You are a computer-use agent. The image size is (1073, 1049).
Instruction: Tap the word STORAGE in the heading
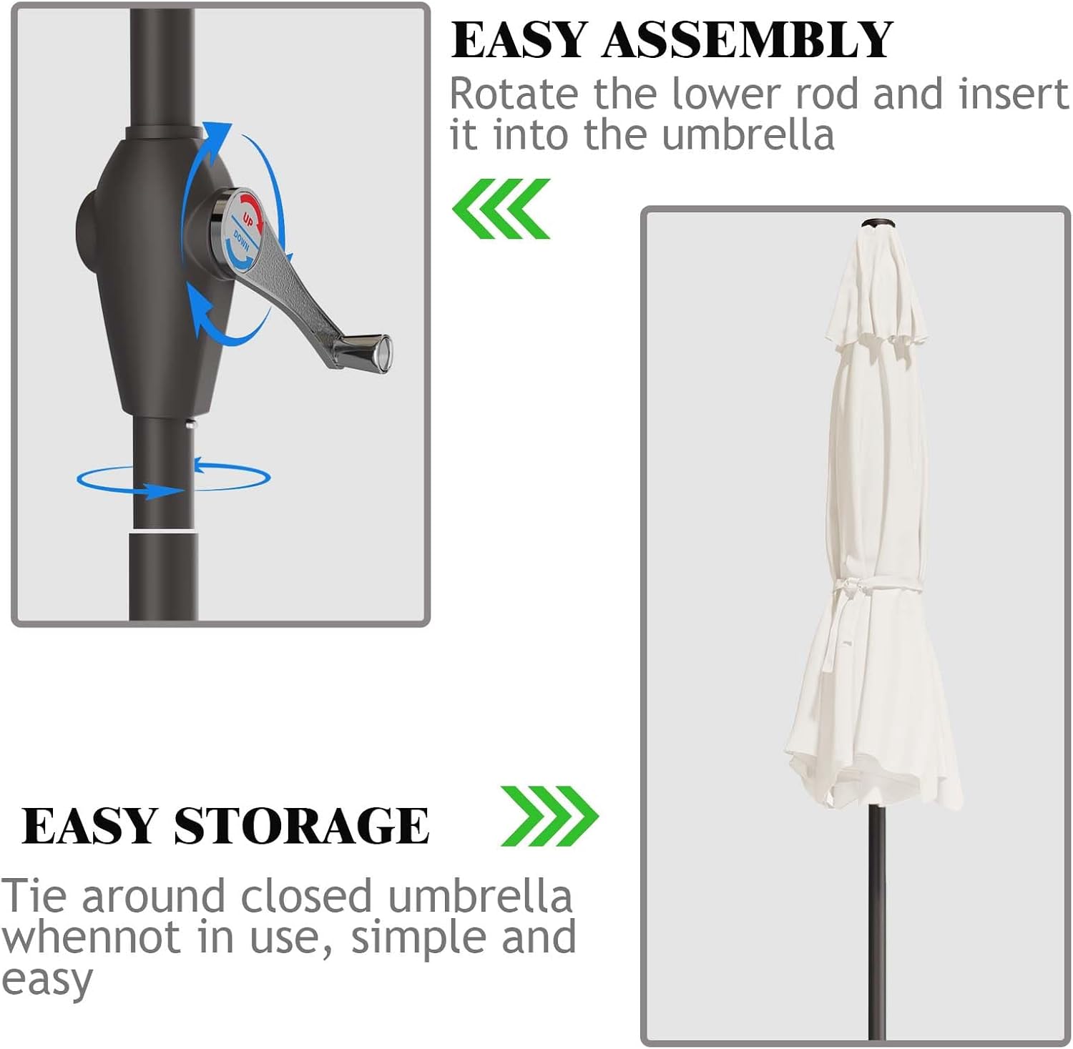301,826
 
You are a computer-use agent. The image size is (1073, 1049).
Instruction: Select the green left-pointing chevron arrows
501,209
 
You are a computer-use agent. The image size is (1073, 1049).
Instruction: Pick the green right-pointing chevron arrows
549,816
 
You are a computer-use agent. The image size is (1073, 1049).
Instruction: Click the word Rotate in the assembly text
514,94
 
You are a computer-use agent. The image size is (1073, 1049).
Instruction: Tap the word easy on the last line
47,980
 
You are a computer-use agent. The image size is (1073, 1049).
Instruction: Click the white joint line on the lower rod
164,531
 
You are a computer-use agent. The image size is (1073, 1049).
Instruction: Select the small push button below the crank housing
190,425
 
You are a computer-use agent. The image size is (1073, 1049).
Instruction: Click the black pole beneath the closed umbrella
877,922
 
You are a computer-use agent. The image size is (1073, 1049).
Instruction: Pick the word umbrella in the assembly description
748,135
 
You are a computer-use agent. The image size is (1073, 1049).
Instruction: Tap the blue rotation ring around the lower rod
174,478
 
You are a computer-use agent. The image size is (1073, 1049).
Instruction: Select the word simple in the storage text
420,939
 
